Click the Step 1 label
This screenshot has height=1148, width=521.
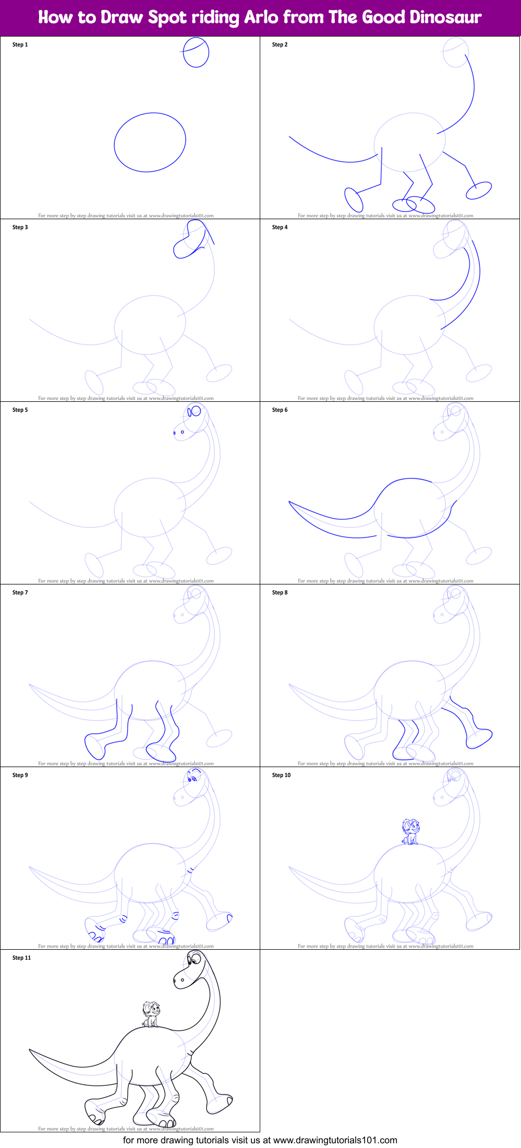20,45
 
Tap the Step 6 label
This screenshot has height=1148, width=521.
280,410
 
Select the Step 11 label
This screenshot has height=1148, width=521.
21,958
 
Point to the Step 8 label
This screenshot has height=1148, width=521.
280,593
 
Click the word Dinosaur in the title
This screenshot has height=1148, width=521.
445,17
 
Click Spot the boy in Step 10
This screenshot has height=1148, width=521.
410,832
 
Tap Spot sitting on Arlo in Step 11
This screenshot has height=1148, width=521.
151,1014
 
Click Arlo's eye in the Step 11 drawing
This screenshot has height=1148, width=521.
195,959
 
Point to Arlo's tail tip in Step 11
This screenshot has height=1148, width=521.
30,1049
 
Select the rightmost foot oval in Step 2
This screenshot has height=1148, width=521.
479,190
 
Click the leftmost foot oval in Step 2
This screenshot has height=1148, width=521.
354,200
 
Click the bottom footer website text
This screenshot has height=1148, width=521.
260,1140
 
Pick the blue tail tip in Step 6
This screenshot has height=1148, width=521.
290,502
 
